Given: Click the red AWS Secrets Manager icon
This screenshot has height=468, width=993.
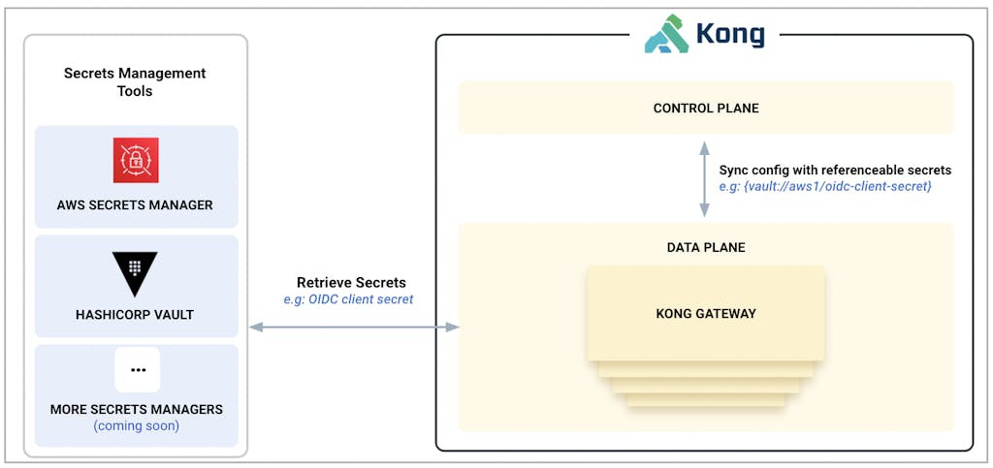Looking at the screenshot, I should (136, 160).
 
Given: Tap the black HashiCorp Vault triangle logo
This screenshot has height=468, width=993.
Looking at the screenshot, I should (135, 271).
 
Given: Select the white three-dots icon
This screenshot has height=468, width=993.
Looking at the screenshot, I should (137, 369).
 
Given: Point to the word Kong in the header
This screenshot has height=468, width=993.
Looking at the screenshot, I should (729, 35).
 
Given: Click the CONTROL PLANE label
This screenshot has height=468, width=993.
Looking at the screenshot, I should (706, 109).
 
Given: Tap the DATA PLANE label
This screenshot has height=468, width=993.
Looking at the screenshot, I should (706, 248).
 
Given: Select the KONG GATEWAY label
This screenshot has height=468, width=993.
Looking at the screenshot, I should (706, 314).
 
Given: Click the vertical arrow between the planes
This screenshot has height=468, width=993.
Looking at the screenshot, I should (706, 179).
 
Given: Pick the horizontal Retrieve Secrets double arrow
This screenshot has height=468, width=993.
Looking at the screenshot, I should (354, 328).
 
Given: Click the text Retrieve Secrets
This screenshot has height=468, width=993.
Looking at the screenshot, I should (351, 282).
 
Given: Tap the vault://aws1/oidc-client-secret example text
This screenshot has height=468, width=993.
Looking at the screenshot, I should (825, 186).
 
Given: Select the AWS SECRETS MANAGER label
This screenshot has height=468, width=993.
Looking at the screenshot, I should (135, 205).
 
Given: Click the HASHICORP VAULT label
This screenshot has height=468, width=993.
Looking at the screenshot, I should (135, 315).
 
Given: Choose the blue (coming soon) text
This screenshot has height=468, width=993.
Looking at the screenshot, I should (137, 425).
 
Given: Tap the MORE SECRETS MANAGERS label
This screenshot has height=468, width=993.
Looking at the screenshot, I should (137, 410).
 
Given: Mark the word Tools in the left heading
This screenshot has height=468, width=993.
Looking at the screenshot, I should (135, 91).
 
